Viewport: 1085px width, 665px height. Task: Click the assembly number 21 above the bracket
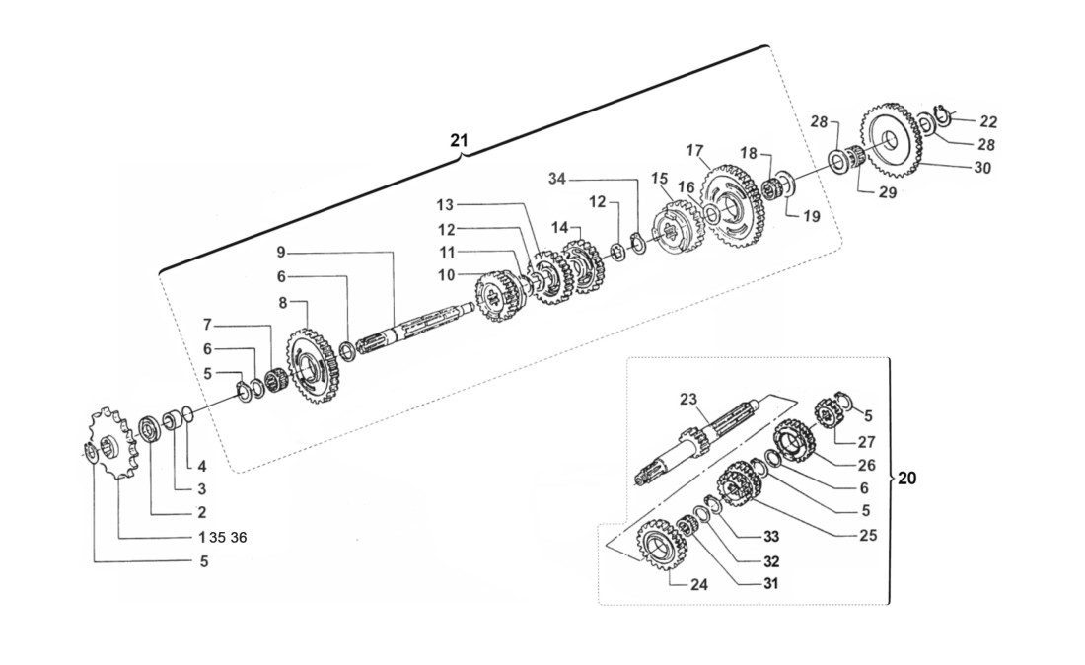point(458,140)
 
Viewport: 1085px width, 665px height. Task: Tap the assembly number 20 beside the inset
point(907,479)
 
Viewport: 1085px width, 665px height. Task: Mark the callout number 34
point(558,178)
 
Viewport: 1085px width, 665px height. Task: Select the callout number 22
point(988,122)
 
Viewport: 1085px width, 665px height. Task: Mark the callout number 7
point(208,325)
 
